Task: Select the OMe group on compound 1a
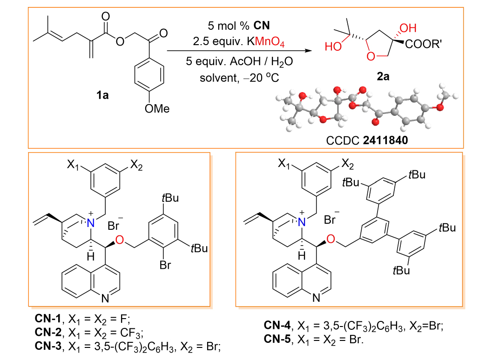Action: (155, 109)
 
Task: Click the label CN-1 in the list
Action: (47, 319)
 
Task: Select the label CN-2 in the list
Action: (47, 332)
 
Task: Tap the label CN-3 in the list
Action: (47, 345)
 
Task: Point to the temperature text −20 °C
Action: (262, 77)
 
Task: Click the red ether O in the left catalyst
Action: (120, 240)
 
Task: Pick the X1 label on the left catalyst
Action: (74, 165)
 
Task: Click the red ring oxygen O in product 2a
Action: (371, 57)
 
